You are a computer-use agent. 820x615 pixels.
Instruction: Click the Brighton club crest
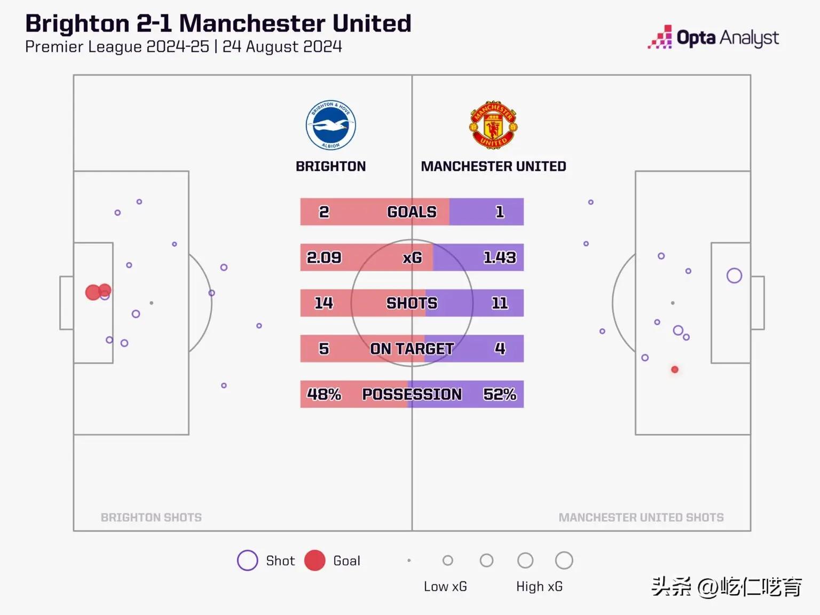coord(331,125)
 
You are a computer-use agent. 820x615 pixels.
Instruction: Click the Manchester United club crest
coord(493,125)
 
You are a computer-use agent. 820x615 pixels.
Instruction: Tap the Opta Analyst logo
coord(713,37)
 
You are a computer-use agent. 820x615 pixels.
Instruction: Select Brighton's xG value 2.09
coord(324,257)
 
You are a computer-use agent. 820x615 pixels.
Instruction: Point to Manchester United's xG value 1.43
coord(500,257)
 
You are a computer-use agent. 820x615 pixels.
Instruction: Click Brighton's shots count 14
coord(324,303)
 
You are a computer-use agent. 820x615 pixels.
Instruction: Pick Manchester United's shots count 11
coord(500,303)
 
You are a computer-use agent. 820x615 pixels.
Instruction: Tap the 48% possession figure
coord(324,394)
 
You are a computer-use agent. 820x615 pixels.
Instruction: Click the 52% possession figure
coord(500,394)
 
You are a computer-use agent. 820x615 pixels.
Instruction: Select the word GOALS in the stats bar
coord(412,212)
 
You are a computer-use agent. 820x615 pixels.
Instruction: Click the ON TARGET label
coord(412,349)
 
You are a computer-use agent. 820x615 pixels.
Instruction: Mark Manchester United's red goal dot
coord(675,369)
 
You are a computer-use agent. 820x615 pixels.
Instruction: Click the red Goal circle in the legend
coord(315,561)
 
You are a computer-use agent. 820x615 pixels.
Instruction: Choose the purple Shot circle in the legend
coord(247,561)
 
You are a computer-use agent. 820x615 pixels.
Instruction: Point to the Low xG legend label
coord(445,587)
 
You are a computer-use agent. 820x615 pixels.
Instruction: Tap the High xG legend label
coord(539,587)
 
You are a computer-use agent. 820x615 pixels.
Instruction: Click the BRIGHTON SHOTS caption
coord(151,517)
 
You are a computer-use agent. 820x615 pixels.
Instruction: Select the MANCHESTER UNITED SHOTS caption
coord(641,517)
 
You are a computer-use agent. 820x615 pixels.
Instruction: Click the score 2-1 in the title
coord(154,24)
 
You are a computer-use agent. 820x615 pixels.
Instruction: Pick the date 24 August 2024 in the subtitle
coord(282,47)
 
